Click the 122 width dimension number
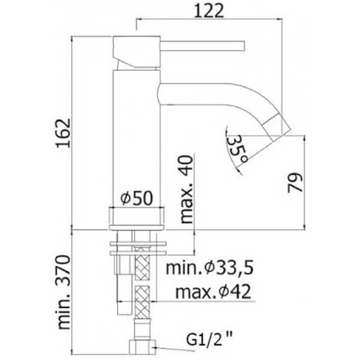pos(209,11)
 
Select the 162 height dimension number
pos(63,133)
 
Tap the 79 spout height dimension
pos(295,182)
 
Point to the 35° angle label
pos(237,149)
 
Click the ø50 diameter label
pos(137,198)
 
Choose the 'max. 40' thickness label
pos(186,190)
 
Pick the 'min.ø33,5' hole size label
pos(209,268)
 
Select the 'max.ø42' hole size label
pos(213,292)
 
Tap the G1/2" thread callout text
pos(209,340)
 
